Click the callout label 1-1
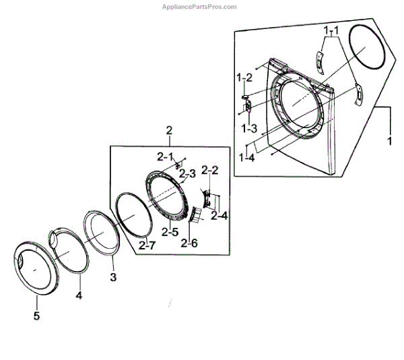click(x=330, y=32)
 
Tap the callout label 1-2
click(x=244, y=78)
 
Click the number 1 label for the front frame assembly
click(x=389, y=142)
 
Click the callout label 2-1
click(x=166, y=156)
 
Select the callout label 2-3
click(x=188, y=174)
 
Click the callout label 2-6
click(x=189, y=243)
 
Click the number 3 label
click(x=113, y=277)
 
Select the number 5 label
click(x=37, y=316)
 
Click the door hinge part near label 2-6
click(x=198, y=214)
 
